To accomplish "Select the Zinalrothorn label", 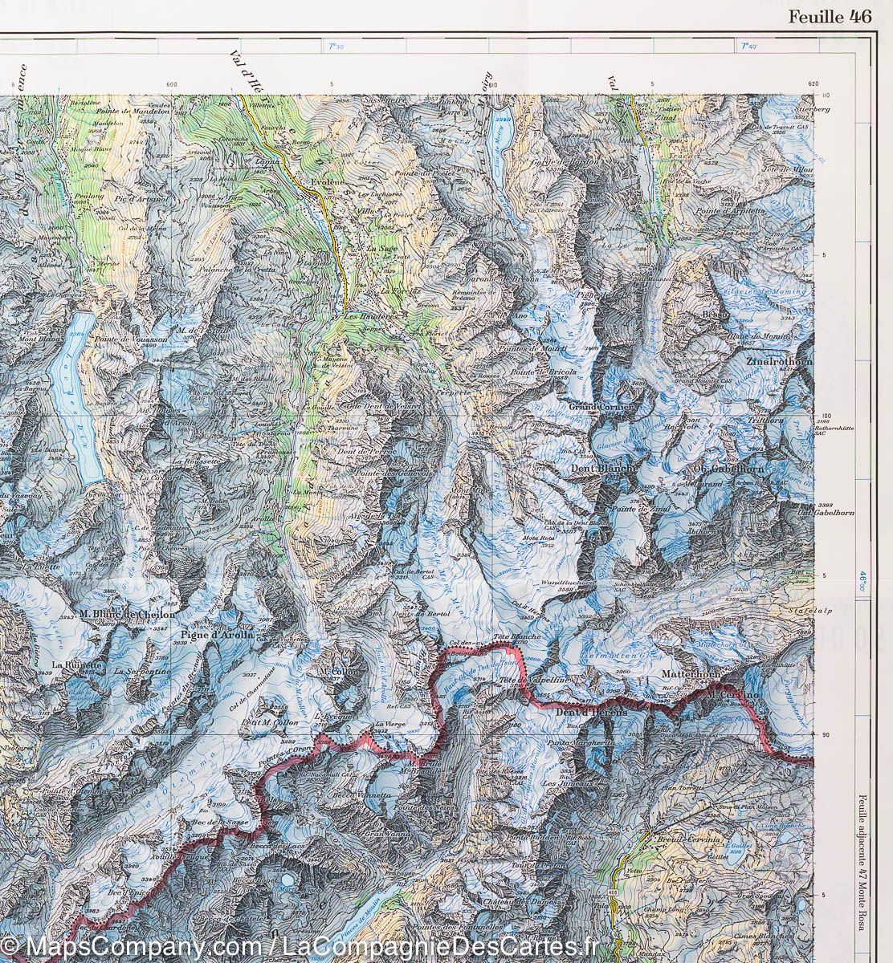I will point(779,363).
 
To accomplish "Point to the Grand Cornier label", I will point(601,408).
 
